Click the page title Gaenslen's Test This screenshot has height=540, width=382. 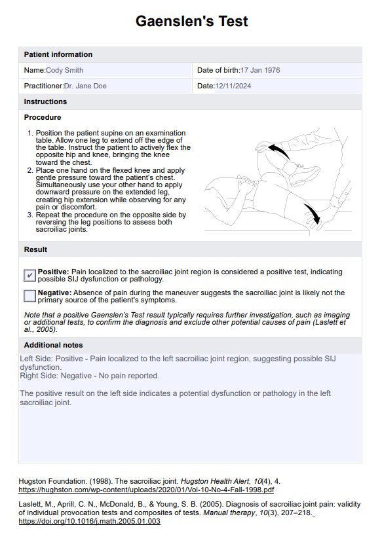[x=191, y=21]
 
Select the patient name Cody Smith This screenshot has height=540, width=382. [x=64, y=70]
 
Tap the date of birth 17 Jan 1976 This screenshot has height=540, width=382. [x=260, y=70]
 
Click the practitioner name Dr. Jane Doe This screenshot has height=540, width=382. [x=85, y=86]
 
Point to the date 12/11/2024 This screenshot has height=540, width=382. [x=233, y=86]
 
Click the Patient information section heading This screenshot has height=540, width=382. [x=58, y=54]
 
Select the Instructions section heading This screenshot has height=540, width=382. [x=45, y=101]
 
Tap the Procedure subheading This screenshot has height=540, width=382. [x=43, y=117]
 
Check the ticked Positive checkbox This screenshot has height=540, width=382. [x=29, y=275]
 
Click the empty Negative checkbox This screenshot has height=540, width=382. [x=29, y=296]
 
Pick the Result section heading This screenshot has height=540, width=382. [x=35, y=249]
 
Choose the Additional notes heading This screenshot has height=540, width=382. [x=54, y=345]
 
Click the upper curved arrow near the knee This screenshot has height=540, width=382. [x=280, y=152]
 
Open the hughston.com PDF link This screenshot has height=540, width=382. [x=146, y=490]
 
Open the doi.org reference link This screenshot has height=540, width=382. [x=89, y=522]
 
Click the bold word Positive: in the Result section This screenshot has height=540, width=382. [x=54, y=272]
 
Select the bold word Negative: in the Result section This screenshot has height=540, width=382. [x=55, y=293]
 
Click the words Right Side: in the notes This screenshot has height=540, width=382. [x=39, y=376]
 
